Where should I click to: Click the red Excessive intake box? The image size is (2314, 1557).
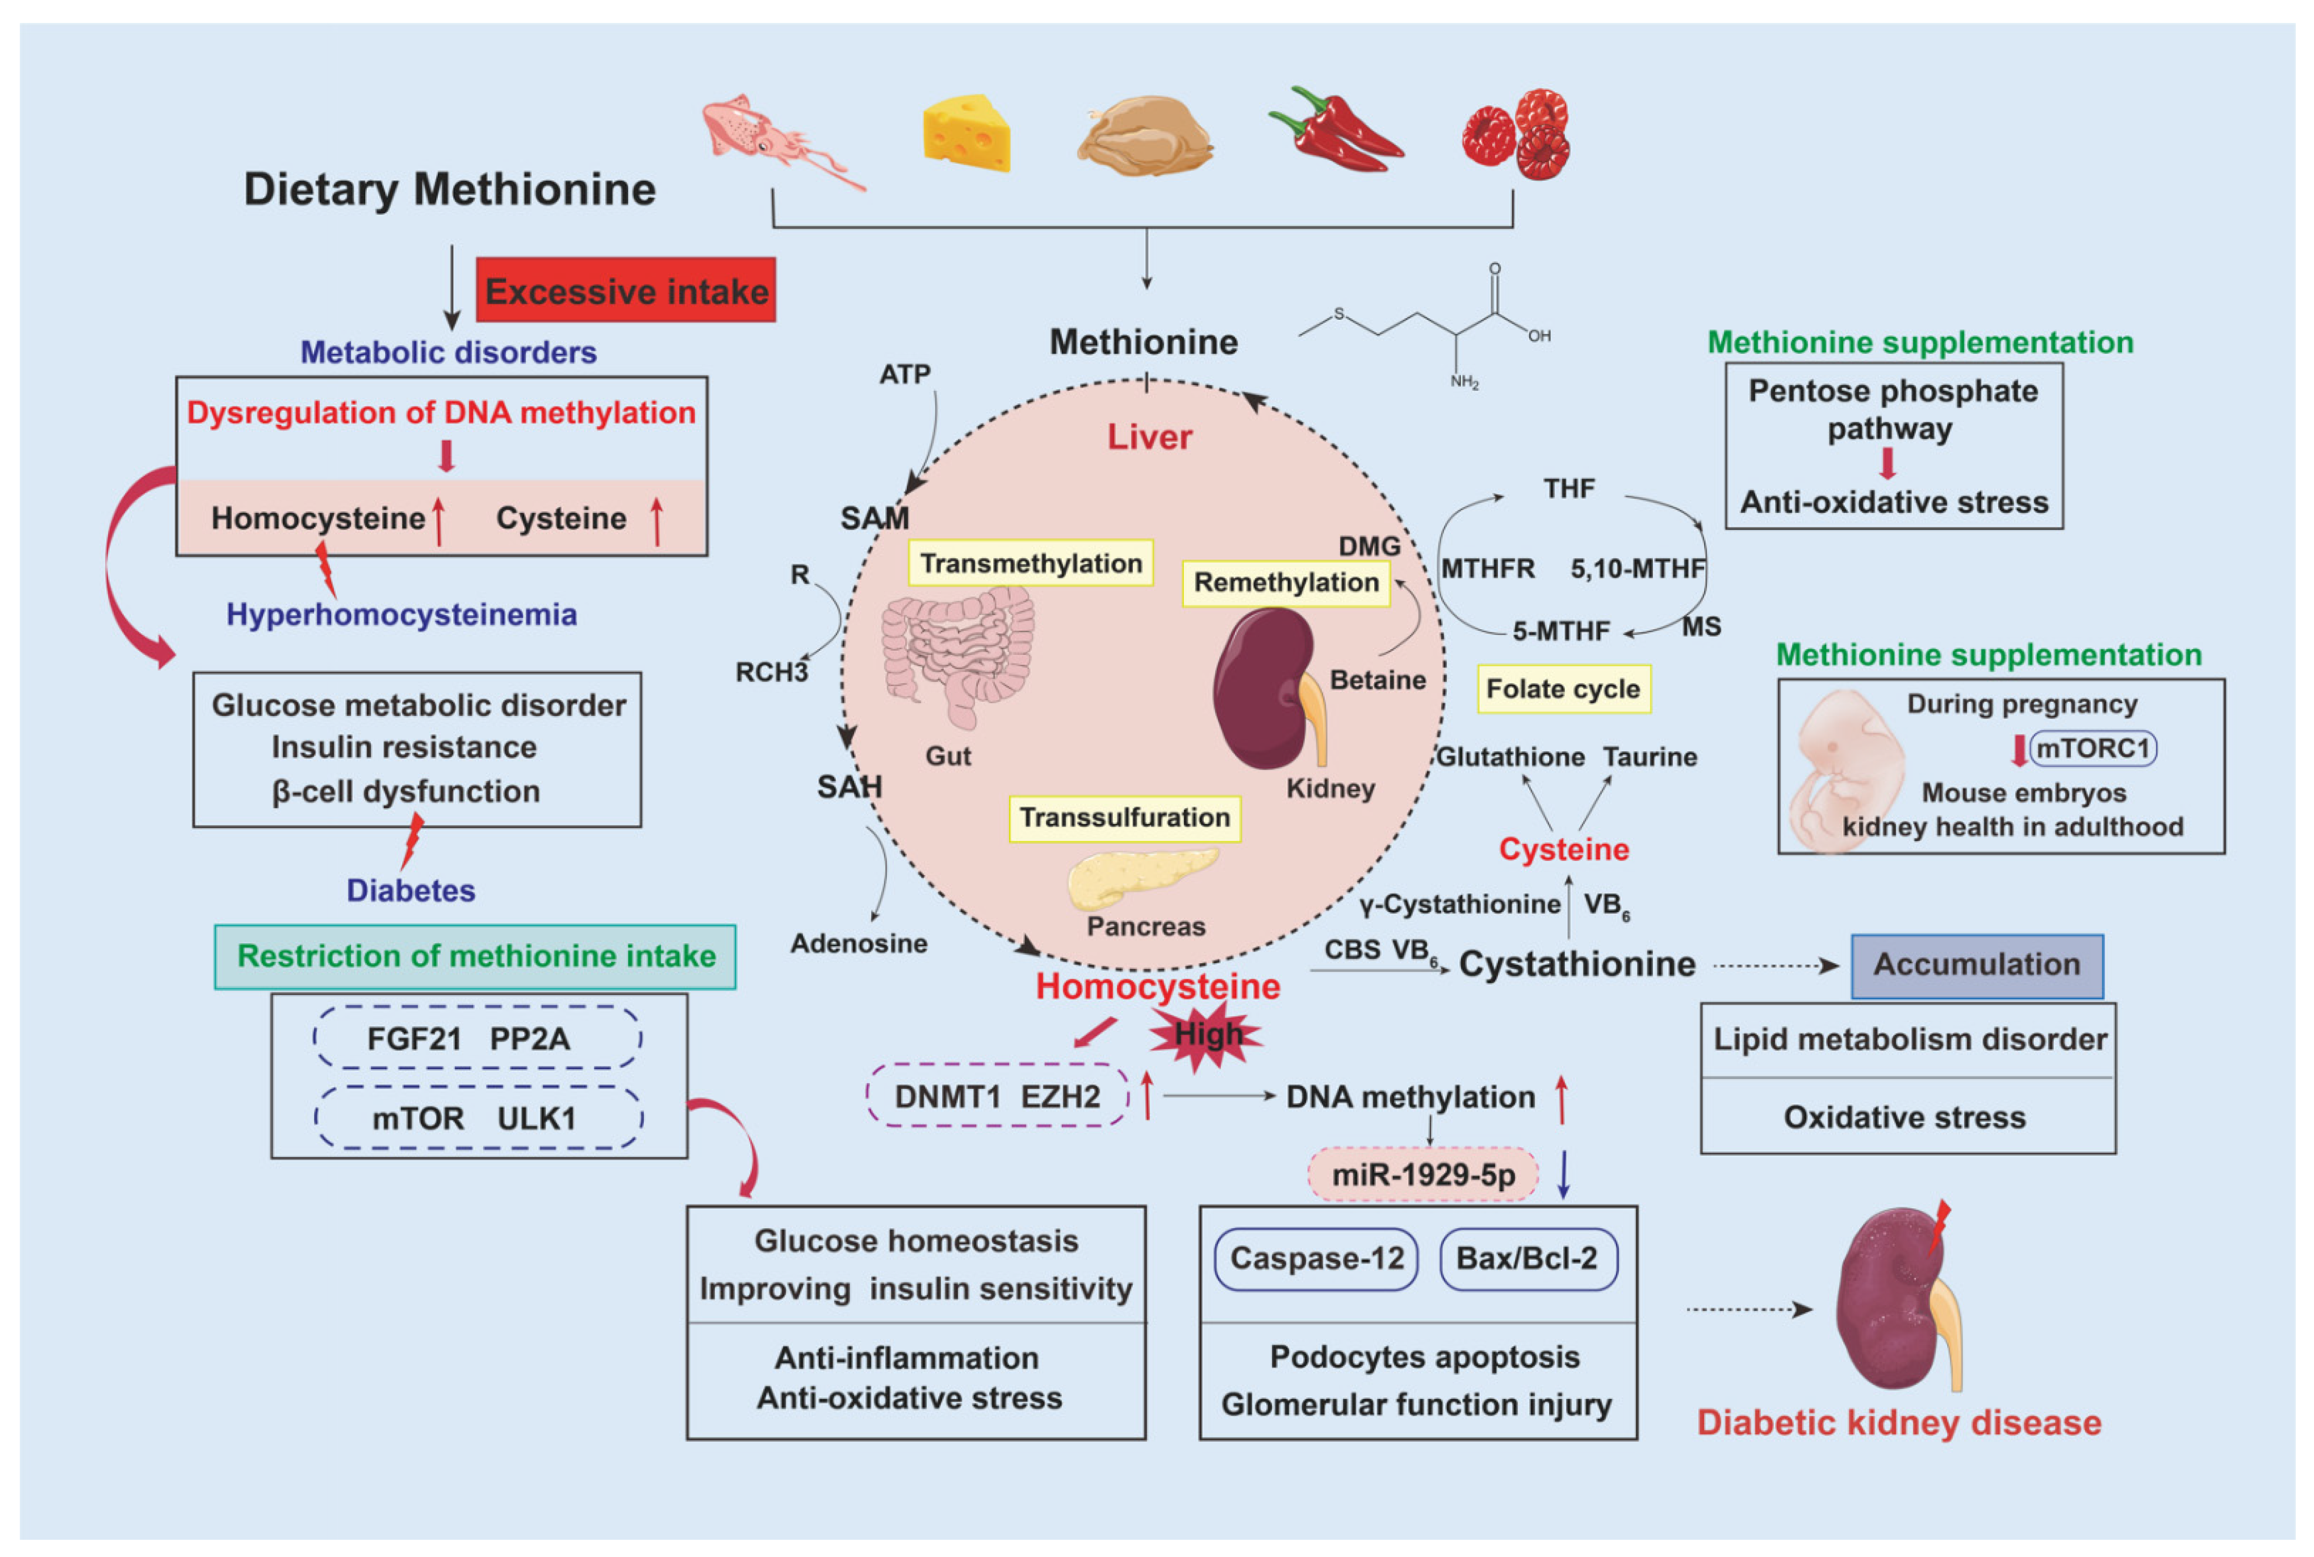pyautogui.click(x=626, y=290)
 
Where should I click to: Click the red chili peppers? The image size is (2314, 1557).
pyautogui.click(x=1335, y=131)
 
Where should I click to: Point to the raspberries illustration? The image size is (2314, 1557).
pyautogui.click(x=1516, y=134)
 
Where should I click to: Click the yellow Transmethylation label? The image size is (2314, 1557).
pyautogui.click(x=1030, y=563)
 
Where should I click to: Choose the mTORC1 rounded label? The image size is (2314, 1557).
pyautogui.click(x=2093, y=748)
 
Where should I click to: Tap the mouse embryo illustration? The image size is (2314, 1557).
pyautogui.click(x=1844, y=770)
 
